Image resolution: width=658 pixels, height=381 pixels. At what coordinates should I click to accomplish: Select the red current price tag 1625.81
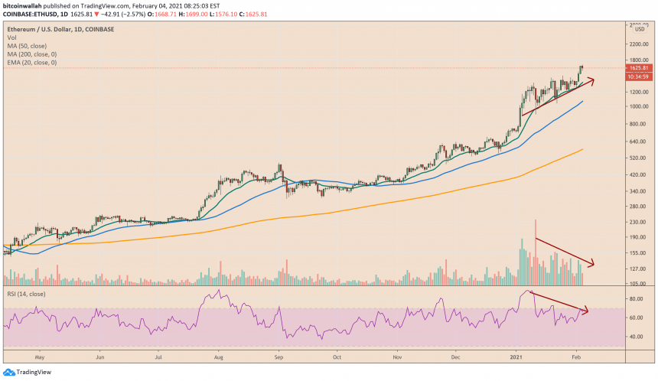coord(637,68)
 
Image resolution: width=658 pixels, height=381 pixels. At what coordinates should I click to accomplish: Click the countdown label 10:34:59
coord(637,77)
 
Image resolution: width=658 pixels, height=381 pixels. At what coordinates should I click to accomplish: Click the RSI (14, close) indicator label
coord(30,294)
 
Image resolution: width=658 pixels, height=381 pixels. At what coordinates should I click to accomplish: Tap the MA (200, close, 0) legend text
coord(31,54)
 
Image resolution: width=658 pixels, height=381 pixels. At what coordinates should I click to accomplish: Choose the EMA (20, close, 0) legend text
coord(32,62)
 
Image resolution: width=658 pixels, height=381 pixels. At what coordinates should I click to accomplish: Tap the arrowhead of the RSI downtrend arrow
coord(588,311)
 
